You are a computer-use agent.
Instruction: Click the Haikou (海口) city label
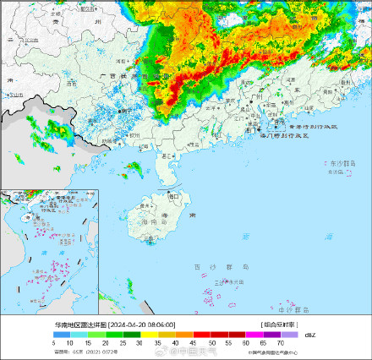coord(175,196)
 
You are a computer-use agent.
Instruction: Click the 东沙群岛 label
coord(340,163)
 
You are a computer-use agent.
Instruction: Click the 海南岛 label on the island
coord(155,221)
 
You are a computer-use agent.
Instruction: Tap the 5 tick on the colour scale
coord(54,342)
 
